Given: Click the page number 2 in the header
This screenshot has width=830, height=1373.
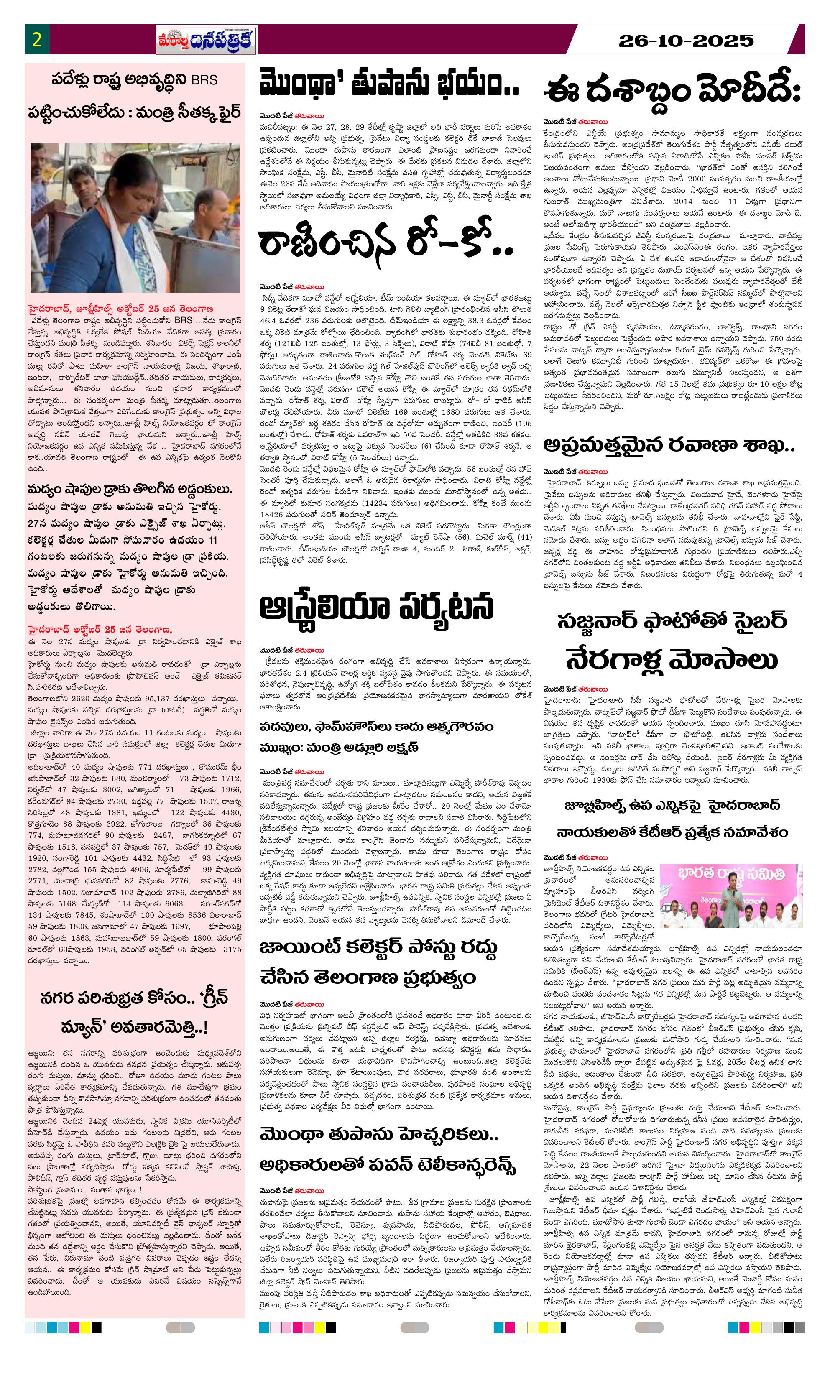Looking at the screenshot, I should pyautogui.click(x=37, y=40).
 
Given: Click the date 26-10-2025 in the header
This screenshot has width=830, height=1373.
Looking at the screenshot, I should pyautogui.click(x=686, y=41).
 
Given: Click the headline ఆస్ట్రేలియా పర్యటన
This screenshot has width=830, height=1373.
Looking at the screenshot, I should pyautogui.click(x=377, y=607).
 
